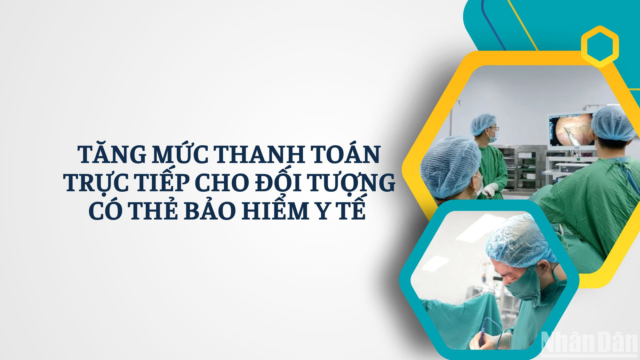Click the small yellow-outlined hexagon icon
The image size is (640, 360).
tap(600, 46)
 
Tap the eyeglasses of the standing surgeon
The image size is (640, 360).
tap(493, 129)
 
